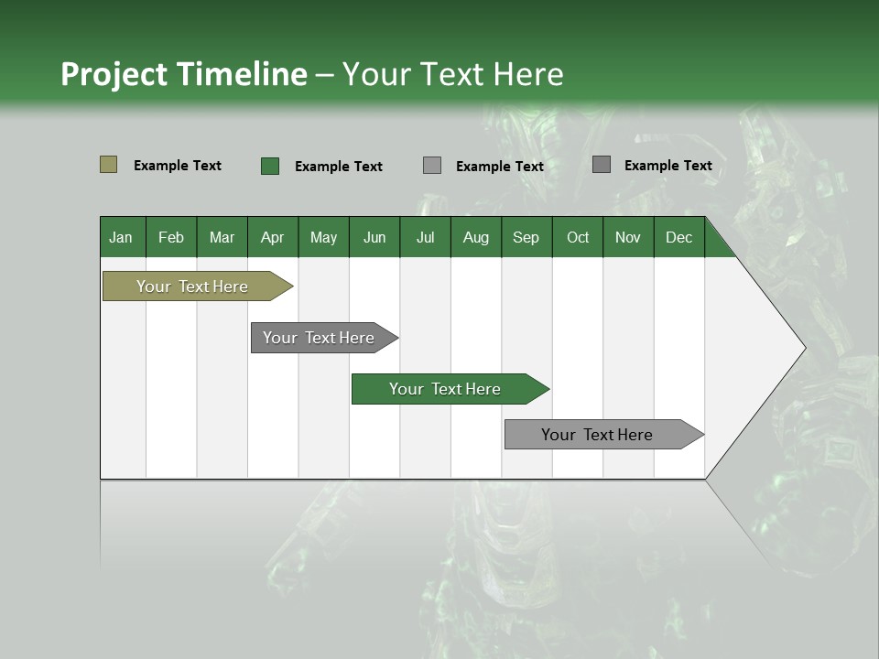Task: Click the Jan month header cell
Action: tap(122, 237)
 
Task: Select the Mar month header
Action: tap(222, 237)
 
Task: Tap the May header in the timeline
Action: tap(323, 237)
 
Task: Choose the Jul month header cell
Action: tap(425, 237)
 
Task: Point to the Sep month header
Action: tap(526, 237)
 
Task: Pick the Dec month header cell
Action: tap(678, 237)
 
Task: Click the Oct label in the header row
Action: tap(578, 237)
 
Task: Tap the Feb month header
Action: tap(171, 237)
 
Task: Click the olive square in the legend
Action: tap(108, 165)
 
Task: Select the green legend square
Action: tap(269, 166)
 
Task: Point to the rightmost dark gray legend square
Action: tap(601, 165)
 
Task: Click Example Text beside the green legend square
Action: tap(338, 167)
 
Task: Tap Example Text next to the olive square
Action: tap(177, 166)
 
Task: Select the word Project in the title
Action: tap(114, 74)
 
